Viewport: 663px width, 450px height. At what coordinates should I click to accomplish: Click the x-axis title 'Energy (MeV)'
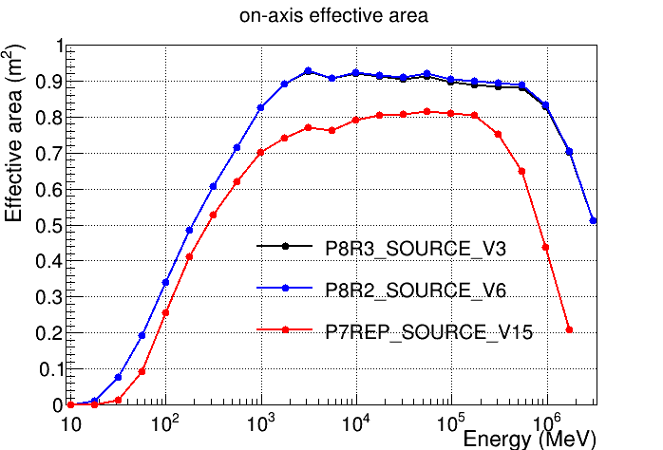pos(529,439)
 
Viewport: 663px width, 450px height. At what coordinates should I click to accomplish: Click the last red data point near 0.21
pos(570,329)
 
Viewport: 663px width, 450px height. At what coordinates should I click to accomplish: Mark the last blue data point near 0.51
pos(594,220)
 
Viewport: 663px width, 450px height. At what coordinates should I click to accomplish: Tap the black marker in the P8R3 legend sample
pos(285,247)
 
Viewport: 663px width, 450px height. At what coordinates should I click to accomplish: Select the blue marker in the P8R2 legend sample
pos(285,288)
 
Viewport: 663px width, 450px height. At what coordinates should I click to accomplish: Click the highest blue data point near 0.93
pos(308,71)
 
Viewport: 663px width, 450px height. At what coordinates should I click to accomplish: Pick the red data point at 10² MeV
pos(165,312)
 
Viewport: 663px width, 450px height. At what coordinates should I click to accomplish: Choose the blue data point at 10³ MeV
pos(260,107)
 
